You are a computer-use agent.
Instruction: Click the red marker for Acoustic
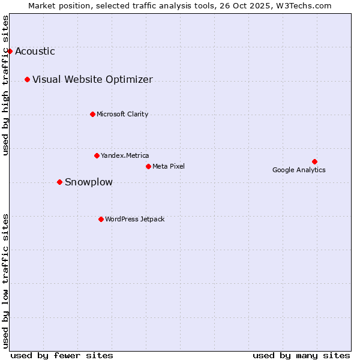click(10, 51)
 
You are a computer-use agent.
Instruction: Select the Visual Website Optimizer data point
click(27, 79)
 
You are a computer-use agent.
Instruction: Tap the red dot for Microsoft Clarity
click(92, 114)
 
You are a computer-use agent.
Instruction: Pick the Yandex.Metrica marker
click(97, 155)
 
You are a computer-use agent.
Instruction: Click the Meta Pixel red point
click(148, 166)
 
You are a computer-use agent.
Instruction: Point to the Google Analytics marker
click(314, 161)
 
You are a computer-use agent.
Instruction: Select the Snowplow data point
click(59, 182)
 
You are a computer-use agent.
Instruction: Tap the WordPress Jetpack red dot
click(101, 219)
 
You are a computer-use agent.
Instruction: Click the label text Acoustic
click(35, 51)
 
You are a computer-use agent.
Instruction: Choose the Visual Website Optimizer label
click(92, 79)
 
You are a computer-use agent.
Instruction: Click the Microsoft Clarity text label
click(122, 114)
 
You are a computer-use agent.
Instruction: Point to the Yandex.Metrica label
click(125, 155)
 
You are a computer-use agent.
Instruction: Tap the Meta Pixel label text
click(169, 166)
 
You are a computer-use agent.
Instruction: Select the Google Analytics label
click(299, 170)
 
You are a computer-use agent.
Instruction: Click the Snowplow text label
click(88, 182)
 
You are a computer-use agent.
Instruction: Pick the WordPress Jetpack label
click(134, 219)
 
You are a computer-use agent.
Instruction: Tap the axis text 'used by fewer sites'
click(62, 355)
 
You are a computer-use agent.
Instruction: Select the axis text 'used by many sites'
click(301, 355)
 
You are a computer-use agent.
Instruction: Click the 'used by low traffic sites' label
click(6, 280)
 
